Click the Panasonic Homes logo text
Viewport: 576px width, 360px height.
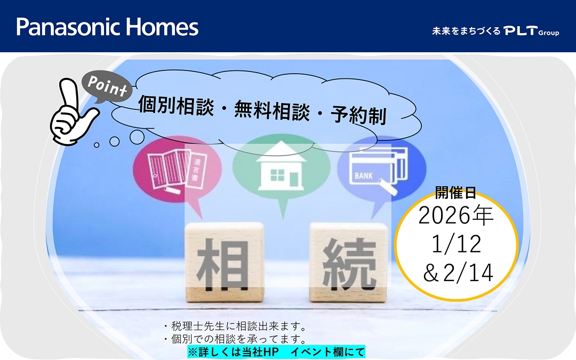click(x=107, y=27)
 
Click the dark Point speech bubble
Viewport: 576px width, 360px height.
click(x=107, y=87)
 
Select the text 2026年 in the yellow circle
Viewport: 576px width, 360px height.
click(x=456, y=216)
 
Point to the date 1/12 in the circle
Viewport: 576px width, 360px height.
click(x=456, y=244)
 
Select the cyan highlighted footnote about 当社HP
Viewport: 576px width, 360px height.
click(x=276, y=352)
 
